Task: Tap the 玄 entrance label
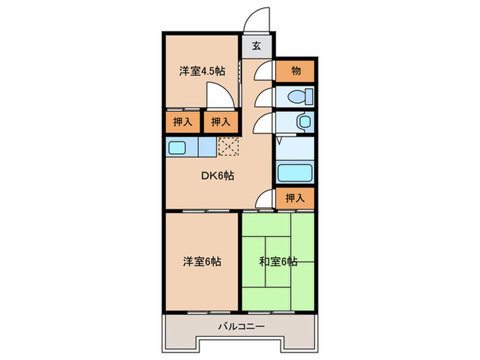(x=256, y=47)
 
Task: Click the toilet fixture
(x=301, y=95)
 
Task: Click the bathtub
(x=295, y=172)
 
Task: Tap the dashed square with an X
(x=228, y=146)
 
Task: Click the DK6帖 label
(x=217, y=176)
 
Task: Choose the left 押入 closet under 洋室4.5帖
(x=181, y=122)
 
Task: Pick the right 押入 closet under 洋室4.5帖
(x=221, y=122)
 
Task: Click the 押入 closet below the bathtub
(x=296, y=197)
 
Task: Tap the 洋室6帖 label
(x=201, y=261)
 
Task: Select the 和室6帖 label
(x=278, y=261)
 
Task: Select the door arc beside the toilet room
(x=264, y=97)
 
